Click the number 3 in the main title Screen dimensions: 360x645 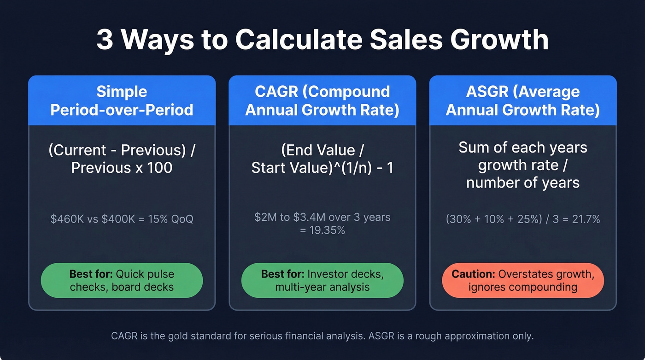(x=105, y=41)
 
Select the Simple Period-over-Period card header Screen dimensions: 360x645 (x=122, y=100)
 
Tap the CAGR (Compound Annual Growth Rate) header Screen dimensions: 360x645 (x=322, y=100)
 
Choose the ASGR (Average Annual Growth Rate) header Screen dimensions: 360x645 (x=523, y=100)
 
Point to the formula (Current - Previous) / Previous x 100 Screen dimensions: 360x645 (x=122, y=159)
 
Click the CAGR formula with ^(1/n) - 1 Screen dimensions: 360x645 (x=322, y=159)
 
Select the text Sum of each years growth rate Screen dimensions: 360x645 (x=523, y=156)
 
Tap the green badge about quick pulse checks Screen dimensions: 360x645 (x=122, y=280)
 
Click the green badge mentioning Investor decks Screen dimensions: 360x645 (x=322, y=280)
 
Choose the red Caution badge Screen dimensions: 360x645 (x=523, y=280)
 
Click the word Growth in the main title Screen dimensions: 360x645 (x=500, y=41)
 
